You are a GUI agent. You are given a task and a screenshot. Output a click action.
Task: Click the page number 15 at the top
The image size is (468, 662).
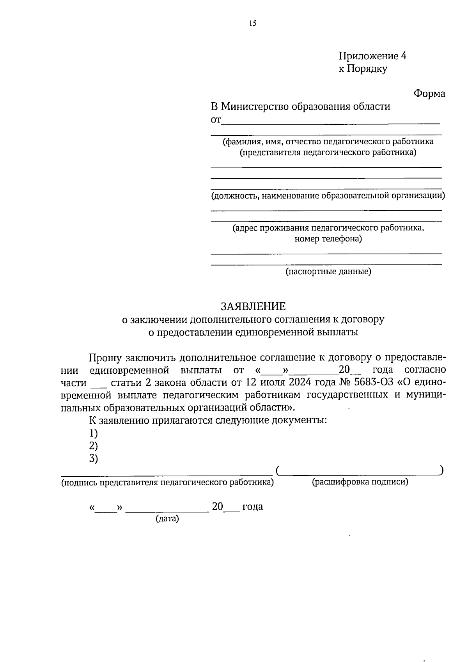pyautogui.click(x=253, y=23)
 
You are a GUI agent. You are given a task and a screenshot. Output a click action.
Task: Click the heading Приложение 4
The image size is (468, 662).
pyautogui.click(x=372, y=56)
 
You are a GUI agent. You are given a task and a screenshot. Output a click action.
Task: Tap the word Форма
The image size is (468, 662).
pyautogui.click(x=429, y=94)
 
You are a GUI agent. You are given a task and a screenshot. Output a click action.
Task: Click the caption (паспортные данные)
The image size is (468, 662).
pyautogui.click(x=328, y=272)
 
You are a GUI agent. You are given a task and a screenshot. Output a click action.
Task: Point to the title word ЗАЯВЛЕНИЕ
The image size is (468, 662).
pyautogui.click(x=253, y=306)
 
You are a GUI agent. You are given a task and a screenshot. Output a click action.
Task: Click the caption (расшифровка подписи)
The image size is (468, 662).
pyautogui.click(x=360, y=482)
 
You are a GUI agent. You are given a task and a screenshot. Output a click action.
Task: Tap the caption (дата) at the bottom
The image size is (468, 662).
pyautogui.click(x=167, y=519)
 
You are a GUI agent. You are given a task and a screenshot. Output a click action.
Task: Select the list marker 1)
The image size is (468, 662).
pyautogui.click(x=93, y=433)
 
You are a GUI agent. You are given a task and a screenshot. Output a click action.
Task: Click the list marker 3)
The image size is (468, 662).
pyautogui.click(x=93, y=459)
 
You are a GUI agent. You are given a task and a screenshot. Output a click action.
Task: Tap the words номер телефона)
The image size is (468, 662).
pyautogui.click(x=328, y=239)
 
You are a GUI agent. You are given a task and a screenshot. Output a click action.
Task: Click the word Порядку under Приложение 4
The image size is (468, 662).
pyautogui.click(x=367, y=69)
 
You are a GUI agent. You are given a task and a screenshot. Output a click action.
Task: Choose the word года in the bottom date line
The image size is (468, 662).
pyautogui.click(x=252, y=507)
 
